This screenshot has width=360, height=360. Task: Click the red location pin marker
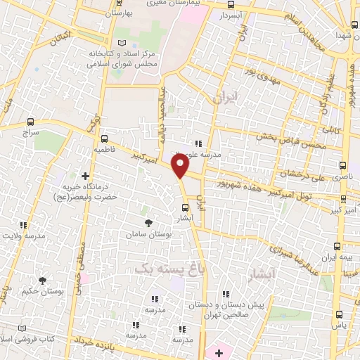click(181, 166)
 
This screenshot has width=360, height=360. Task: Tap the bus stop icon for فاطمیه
click(105, 139)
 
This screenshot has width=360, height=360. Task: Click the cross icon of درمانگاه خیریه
click(86, 176)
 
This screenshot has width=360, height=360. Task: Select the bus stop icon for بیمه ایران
click(337, 247)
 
